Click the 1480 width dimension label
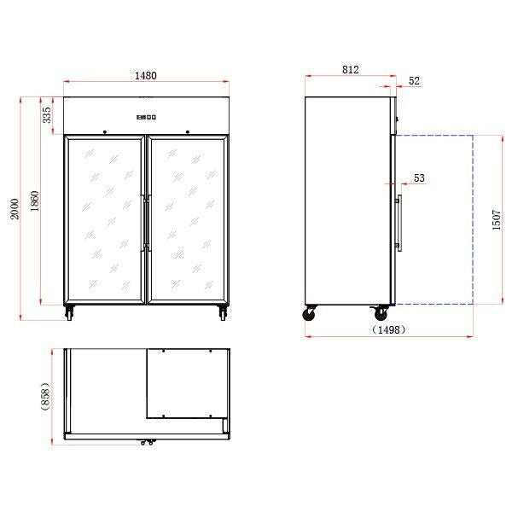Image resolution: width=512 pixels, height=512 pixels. pos(145,76)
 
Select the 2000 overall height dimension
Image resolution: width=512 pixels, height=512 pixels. pos(15,208)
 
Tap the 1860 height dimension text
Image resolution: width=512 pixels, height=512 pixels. pos(34,201)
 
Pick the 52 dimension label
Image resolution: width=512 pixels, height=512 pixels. pos(414,81)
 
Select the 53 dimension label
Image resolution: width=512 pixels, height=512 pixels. pos(418,178)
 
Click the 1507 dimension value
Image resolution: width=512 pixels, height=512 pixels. pos(497,220)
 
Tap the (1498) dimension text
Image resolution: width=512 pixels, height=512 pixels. pos(388,329)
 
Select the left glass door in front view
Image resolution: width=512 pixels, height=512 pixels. pos(104,220)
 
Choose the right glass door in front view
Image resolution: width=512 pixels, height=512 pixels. pos(187,220)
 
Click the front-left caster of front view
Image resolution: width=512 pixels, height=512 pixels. pos(68,313)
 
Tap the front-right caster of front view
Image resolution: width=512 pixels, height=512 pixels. pos(224,313)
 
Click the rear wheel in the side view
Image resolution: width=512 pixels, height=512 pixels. pos(310,314)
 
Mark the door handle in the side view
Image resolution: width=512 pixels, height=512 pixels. pos(398,223)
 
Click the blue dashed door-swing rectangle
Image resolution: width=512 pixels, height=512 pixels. pos(435,219)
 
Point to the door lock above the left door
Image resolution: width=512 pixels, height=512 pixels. pos(104,132)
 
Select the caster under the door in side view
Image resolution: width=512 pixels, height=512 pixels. pos(377,315)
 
